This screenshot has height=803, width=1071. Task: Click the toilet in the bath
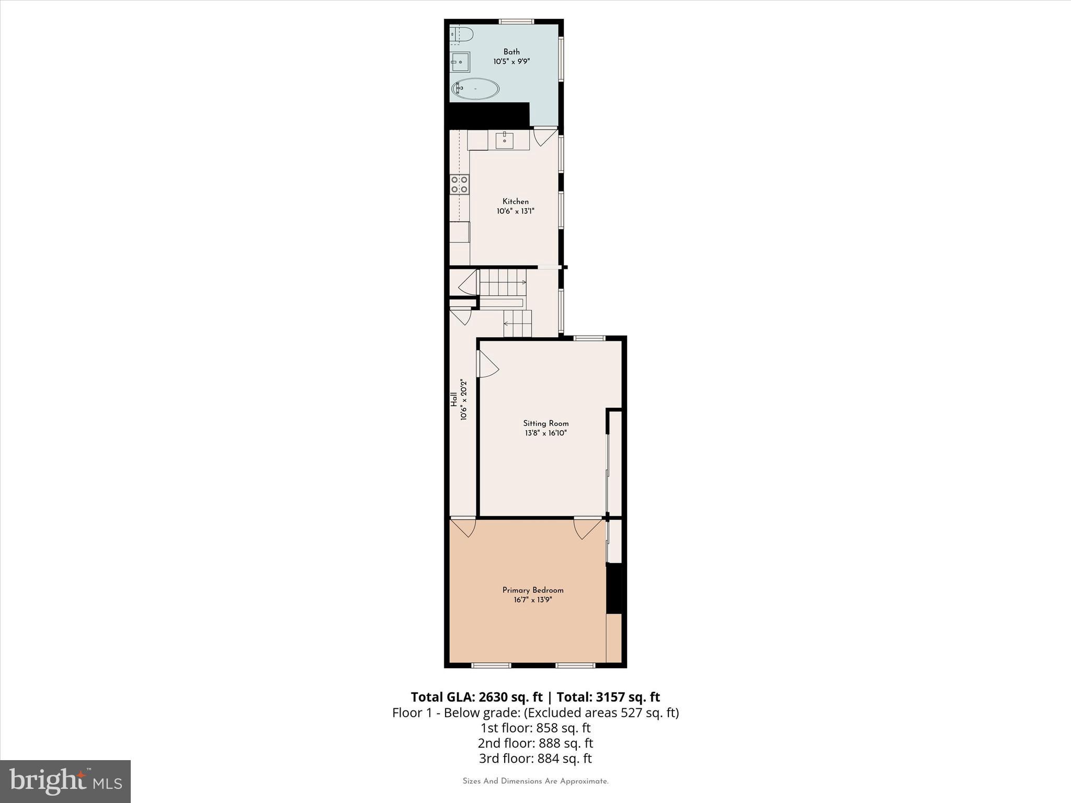click(461, 35)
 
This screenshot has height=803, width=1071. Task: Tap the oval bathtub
click(475, 89)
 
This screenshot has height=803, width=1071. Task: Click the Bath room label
click(511, 52)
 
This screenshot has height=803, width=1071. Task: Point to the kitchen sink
click(504, 140)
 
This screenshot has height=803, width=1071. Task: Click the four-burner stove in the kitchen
click(460, 184)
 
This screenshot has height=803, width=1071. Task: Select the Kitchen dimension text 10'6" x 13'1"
click(515, 211)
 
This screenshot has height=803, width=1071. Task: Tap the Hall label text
click(454, 400)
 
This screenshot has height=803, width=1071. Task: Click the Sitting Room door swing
click(487, 364)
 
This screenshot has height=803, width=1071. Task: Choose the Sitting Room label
click(545, 423)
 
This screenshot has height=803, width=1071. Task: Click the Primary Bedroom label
click(533, 590)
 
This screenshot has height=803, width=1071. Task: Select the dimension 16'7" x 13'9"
click(533, 600)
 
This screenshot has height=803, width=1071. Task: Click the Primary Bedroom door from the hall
click(464, 527)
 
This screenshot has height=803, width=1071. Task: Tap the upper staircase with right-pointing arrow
click(503, 282)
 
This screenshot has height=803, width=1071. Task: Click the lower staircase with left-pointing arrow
click(517, 324)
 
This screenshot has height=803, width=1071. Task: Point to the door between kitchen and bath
click(544, 136)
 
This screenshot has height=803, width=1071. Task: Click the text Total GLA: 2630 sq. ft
click(476, 697)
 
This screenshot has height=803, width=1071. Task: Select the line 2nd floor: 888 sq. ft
click(535, 743)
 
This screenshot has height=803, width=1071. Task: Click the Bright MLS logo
click(65, 781)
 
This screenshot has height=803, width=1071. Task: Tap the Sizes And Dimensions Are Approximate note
click(535, 781)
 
